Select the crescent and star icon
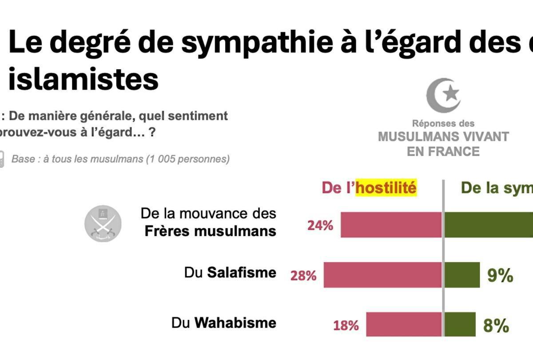point(443,95)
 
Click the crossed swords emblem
point(103,224)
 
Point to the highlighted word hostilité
point(386,188)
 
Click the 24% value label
point(320,225)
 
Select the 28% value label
point(303,276)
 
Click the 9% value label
point(500,276)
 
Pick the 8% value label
point(496,326)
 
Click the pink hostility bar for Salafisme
point(382,275)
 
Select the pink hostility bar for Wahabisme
point(404,324)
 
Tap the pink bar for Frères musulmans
point(391,224)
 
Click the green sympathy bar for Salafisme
point(462,275)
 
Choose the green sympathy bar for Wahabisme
point(460,324)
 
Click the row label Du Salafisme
point(230,272)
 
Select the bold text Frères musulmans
point(211,231)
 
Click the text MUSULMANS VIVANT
point(443,136)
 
